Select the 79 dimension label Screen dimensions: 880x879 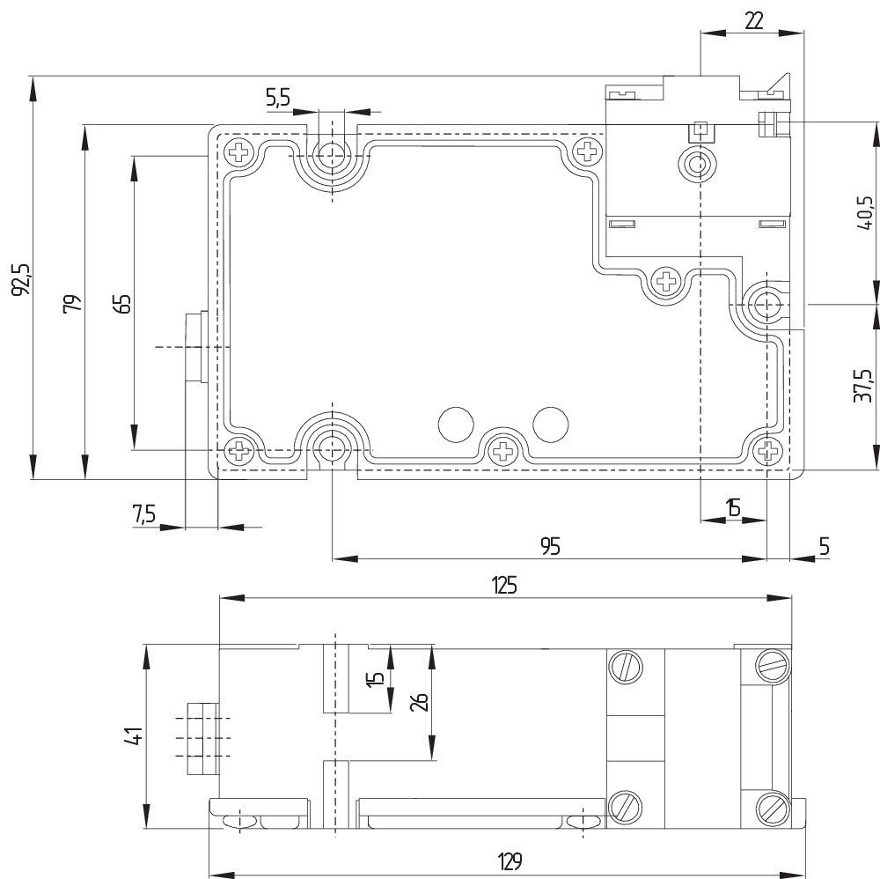[72, 304]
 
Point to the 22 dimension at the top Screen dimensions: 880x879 [754, 20]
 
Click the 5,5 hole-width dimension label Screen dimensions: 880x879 [278, 97]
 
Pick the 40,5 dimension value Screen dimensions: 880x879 [865, 213]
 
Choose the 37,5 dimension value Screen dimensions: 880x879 [863, 385]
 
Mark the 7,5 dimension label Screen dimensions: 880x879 [143, 513]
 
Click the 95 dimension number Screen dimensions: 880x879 [551, 546]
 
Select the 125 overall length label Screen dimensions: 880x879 [504, 585]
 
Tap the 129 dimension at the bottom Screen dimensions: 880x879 [510, 861]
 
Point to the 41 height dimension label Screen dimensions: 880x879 [134, 735]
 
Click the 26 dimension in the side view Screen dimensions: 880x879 [420, 702]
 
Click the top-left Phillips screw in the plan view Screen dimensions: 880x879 [239, 151]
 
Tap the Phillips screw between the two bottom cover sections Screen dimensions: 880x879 [502, 450]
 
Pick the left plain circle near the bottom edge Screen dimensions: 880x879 [455, 425]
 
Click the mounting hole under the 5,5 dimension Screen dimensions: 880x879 [333, 152]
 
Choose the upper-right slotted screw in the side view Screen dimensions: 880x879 [774, 666]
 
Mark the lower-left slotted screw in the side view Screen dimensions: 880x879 [625, 807]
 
